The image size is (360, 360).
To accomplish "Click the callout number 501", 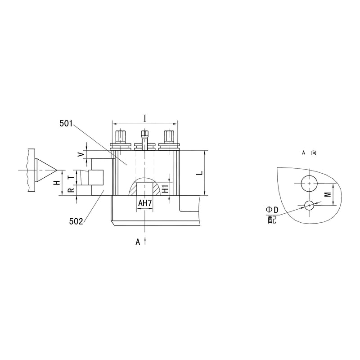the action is pos(66,123).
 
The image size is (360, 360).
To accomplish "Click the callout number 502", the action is pos(76,221).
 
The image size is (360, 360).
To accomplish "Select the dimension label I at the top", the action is pos(145,118).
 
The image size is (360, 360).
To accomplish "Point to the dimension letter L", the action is pos(200,173).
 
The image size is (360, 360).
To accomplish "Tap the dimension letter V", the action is pos(81,155).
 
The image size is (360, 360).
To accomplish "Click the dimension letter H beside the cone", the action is pos(57,183).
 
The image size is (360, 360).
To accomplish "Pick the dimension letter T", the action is pos(72,177).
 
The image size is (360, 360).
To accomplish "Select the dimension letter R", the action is pos(72,190).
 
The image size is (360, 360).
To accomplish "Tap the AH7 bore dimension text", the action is pos(145,203).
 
